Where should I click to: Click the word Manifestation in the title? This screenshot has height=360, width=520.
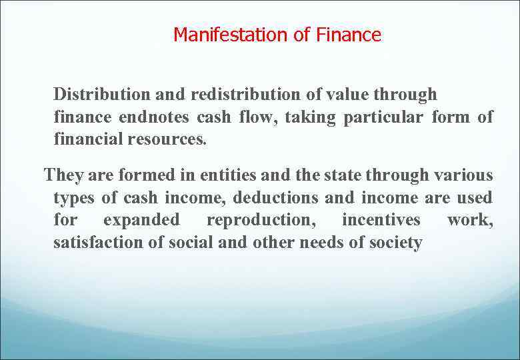231,35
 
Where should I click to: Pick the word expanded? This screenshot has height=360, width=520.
141,221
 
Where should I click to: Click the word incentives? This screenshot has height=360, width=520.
381,220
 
